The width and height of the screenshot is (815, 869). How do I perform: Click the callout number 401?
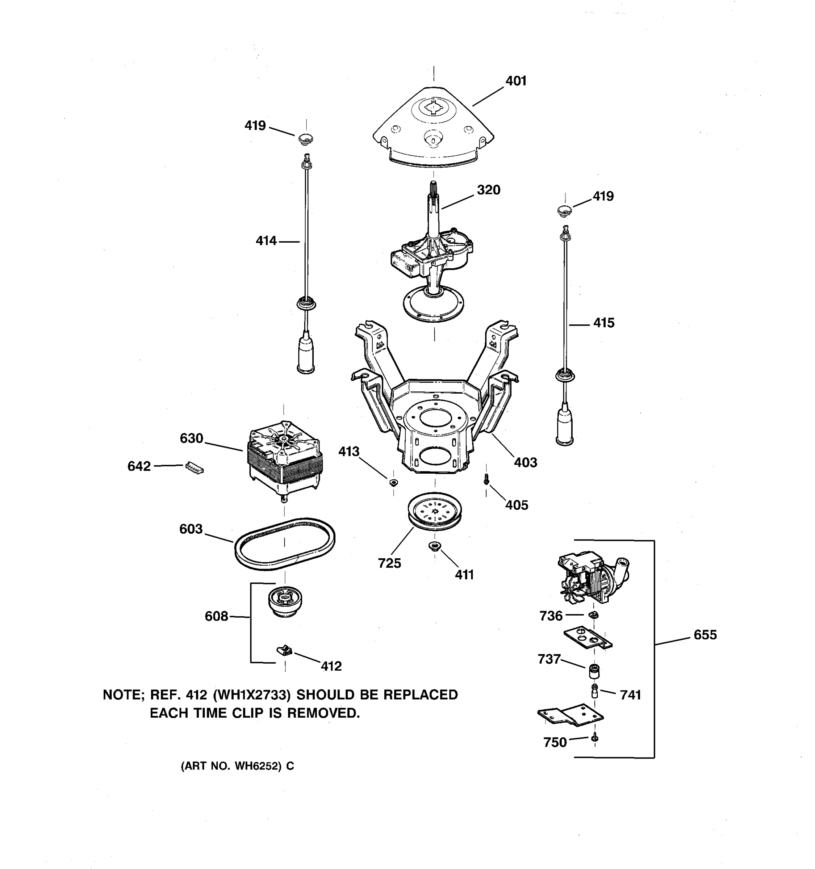[515, 81]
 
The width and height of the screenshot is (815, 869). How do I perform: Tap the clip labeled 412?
[285, 650]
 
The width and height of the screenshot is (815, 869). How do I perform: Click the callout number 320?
[488, 190]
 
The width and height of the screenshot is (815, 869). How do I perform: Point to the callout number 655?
[705, 635]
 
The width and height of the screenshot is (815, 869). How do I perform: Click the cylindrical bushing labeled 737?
[594, 670]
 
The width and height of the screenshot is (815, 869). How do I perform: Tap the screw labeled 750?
[594, 738]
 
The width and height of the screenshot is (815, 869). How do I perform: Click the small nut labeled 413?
[393, 482]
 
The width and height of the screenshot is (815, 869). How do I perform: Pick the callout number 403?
[525, 462]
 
